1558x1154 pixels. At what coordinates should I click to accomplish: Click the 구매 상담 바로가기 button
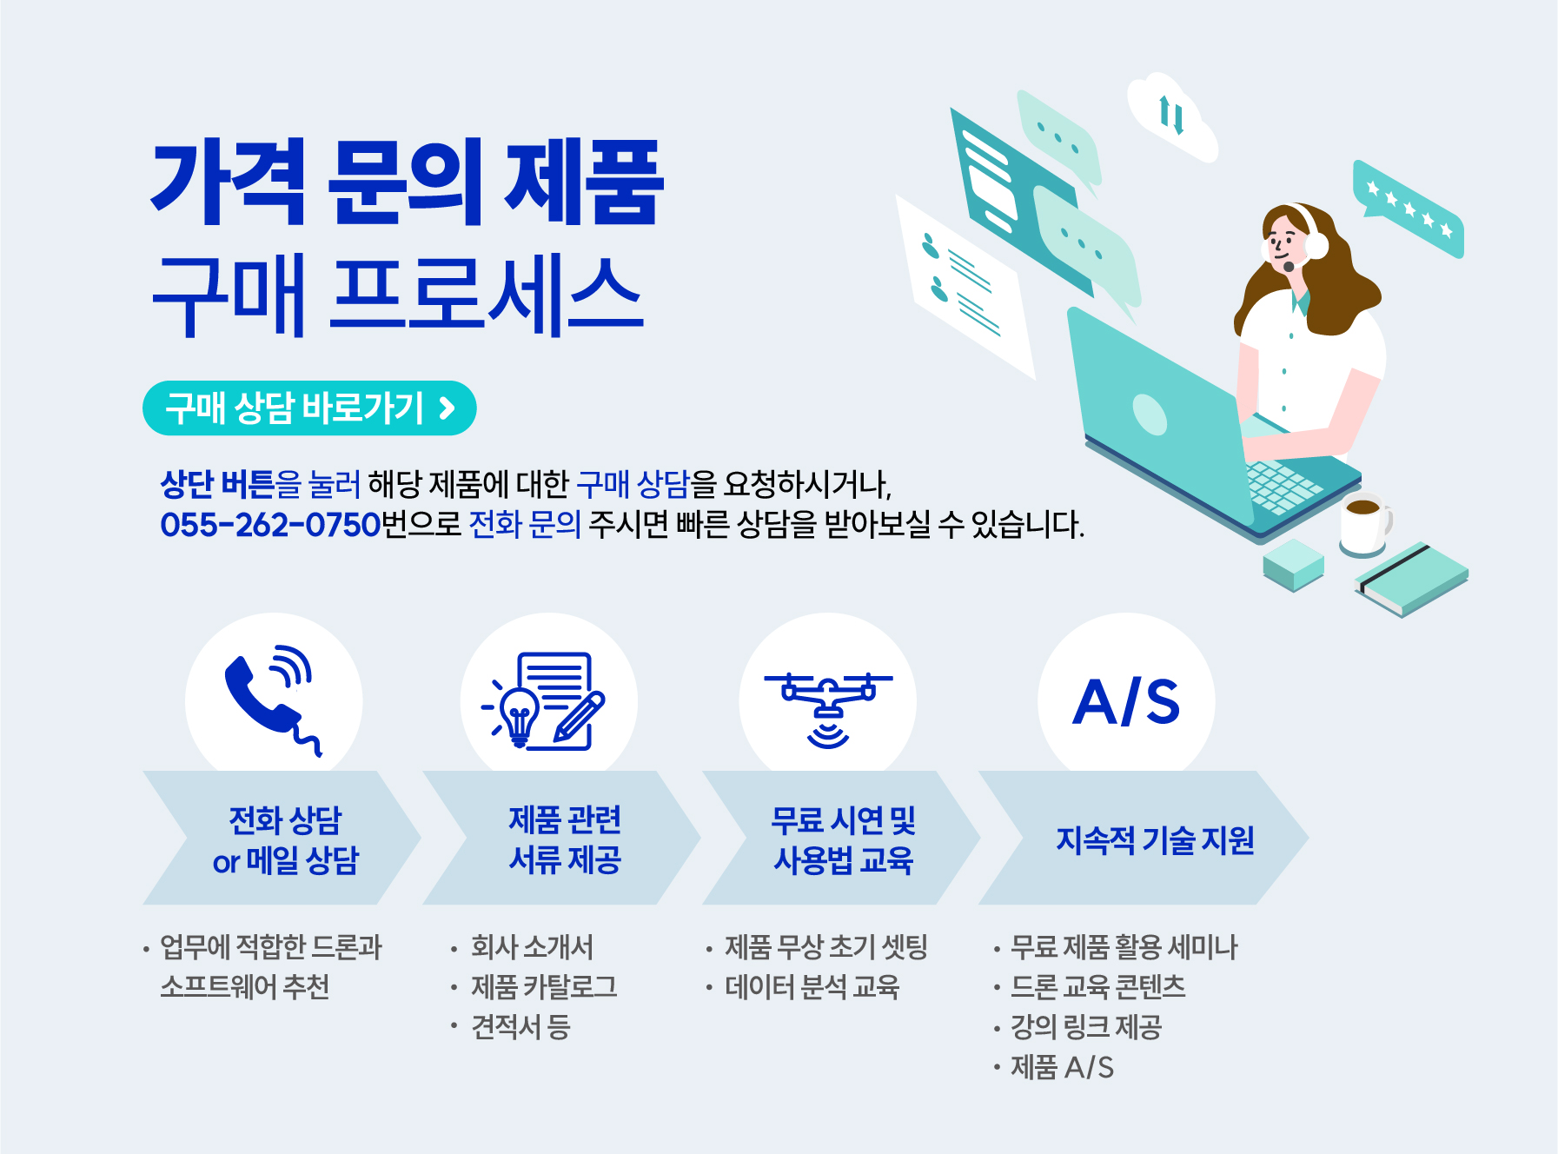coord(309,408)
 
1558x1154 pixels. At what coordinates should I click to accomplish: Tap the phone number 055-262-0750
coord(270,525)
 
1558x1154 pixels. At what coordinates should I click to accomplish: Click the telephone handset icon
coord(271,700)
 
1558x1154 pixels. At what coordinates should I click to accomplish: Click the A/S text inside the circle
coord(1126,702)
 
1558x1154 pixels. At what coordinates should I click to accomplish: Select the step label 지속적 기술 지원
coord(1155,839)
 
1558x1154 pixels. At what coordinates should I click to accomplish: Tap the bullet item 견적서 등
coord(520,1027)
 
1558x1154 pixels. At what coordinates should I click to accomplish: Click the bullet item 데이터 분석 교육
coord(812,987)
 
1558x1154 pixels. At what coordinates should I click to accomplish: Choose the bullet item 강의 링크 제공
coord(1085,1027)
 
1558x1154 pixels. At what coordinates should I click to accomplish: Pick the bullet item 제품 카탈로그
coord(543,987)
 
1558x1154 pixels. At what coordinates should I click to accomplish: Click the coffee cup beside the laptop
coord(1363,523)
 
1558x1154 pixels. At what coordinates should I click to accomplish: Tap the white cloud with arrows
coord(1172,116)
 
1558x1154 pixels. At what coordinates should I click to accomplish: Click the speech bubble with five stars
coord(1409,209)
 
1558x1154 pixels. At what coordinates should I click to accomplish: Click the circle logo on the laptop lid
coord(1149,413)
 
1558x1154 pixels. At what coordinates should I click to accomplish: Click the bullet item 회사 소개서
coord(532,947)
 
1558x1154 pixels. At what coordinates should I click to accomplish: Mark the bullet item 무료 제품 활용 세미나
coord(1124,947)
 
